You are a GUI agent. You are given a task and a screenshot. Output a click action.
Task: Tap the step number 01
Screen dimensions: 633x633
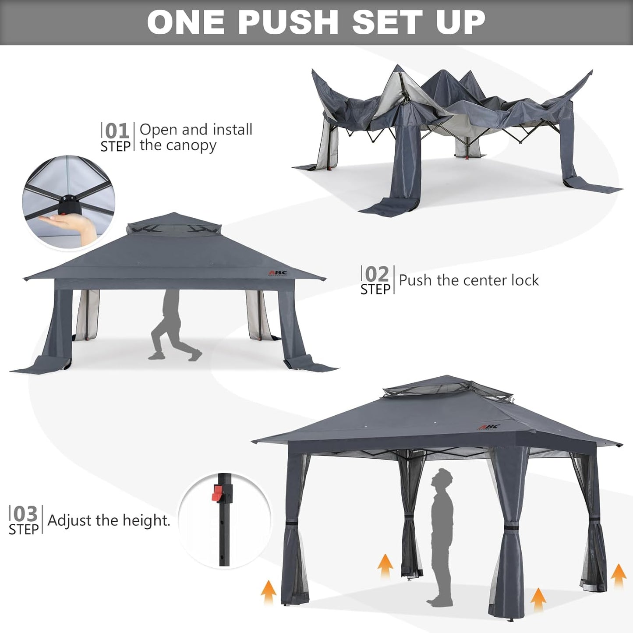tap(117, 131)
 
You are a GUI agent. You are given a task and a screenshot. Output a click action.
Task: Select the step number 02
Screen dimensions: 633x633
tap(377, 275)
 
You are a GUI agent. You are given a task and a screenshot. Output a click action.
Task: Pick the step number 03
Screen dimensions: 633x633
tap(25, 514)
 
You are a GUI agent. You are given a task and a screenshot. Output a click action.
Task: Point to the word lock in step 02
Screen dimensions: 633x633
tap(523, 280)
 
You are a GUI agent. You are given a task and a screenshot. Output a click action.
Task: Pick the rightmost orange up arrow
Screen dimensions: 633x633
tap(618, 575)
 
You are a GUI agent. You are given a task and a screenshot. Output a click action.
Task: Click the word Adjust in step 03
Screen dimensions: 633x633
tap(69, 520)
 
